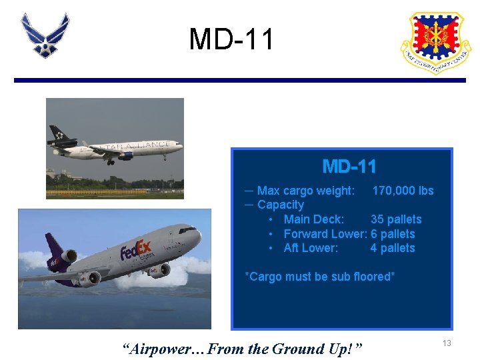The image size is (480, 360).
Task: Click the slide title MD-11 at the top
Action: (x=231, y=39)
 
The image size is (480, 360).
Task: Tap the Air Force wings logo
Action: (x=45, y=35)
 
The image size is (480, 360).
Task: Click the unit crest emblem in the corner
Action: (x=435, y=42)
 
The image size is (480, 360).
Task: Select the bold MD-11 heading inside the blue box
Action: (x=349, y=166)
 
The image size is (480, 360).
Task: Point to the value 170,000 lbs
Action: (x=402, y=191)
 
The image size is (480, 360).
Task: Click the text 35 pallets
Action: (x=395, y=219)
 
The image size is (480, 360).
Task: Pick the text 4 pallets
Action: (x=393, y=248)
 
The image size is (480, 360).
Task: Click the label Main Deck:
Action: (x=313, y=219)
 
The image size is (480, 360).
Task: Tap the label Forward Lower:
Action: (x=325, y=234)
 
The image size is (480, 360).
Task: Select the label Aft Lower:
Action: (x=311, y=248)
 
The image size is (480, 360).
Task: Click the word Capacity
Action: (x=280, y=205)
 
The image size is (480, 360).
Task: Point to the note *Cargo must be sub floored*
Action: (x=320, y=277)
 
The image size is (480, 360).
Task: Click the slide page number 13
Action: (x=447, y=343)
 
